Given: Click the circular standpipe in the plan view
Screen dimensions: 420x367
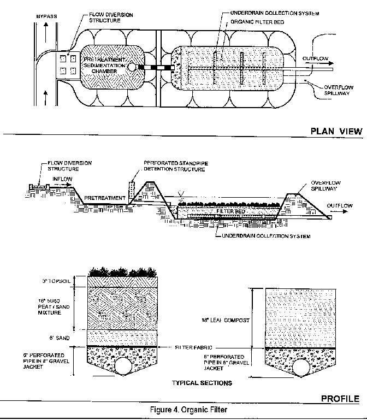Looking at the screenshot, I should pyautogui.click(x=132, y=67).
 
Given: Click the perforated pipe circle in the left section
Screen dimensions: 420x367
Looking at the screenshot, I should pyautogui.click(x=123, y=363).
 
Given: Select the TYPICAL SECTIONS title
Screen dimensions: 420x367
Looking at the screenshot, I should pyautogui.click(x=202, y=383).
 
